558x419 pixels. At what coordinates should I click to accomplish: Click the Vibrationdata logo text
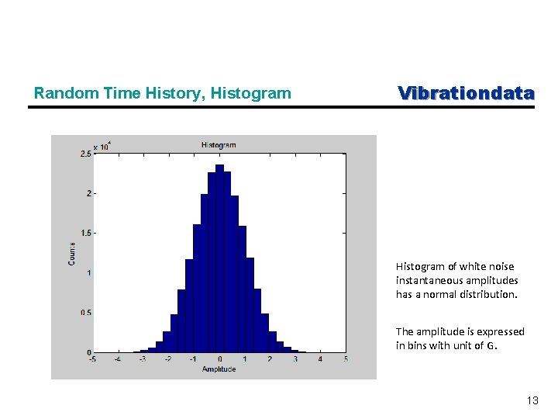pyautogui.click(x=466, y=93)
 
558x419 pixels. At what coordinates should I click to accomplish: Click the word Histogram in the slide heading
pyautogui.click(x=253, y=94)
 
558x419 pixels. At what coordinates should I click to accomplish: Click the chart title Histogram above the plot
pyautogui.click(x=219, y=145)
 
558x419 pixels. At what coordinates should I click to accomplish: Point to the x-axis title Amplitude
pyautogui.click(x=219, y=369)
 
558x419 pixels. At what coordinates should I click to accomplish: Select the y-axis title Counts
pyautogui.click(x=72, y=253)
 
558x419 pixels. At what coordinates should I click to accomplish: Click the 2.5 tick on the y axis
pyautogui.click(x=85, y=154)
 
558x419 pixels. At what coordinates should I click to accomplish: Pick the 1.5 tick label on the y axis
pyautogui.click(x=85, y=233)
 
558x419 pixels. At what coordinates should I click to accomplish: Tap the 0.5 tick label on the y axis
pyautogui.click(x=85, y=313)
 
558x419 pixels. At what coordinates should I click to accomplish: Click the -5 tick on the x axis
pyautogui.click(x=93, y=359)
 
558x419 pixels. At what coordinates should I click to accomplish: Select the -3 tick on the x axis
pyautogui.click(x=143, y=359)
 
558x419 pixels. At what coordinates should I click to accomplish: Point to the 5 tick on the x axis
pyautogui.click(x=346, y=359)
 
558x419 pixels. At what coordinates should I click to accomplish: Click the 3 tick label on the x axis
pyautogui.click(x=295, y=359)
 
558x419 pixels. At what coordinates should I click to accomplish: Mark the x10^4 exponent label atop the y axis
pyautogui.click(x=102, y=146)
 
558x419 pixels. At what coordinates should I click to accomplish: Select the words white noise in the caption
pyautogui.click(x=483, y=267)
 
